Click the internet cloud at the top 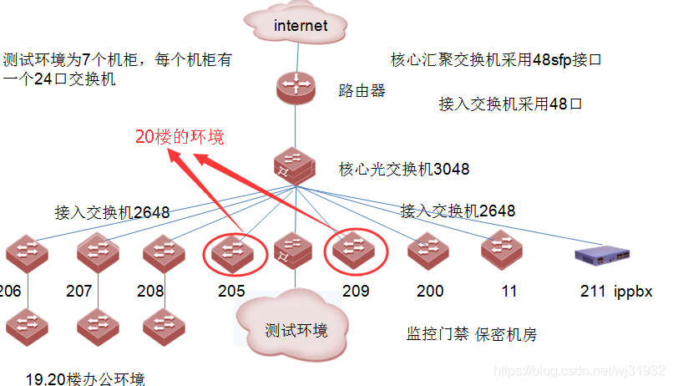pyautogui.click(x=300, y=25)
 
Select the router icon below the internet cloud pyautogui.click(x=297, y=88)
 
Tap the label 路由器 pyautogui.click(x=362, y=90)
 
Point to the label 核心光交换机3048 pyautogui.click(x=403, y=170)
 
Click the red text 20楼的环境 pyautogui.click(x=180, y=137)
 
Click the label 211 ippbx pyautogui.click(x=616, y=292)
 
